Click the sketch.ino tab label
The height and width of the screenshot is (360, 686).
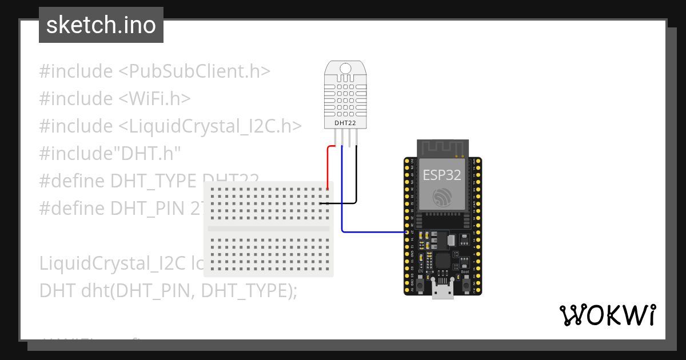pos(101,25)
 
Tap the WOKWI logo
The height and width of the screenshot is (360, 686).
pos(607,314)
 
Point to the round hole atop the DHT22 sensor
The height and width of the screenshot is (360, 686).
pos(346,69)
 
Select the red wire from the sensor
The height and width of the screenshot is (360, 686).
pos(328,166)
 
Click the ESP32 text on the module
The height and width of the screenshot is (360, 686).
pos(441,174)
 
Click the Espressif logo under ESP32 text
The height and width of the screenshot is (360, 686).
pos(441,198)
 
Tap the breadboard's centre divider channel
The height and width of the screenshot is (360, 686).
pos(269,228)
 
